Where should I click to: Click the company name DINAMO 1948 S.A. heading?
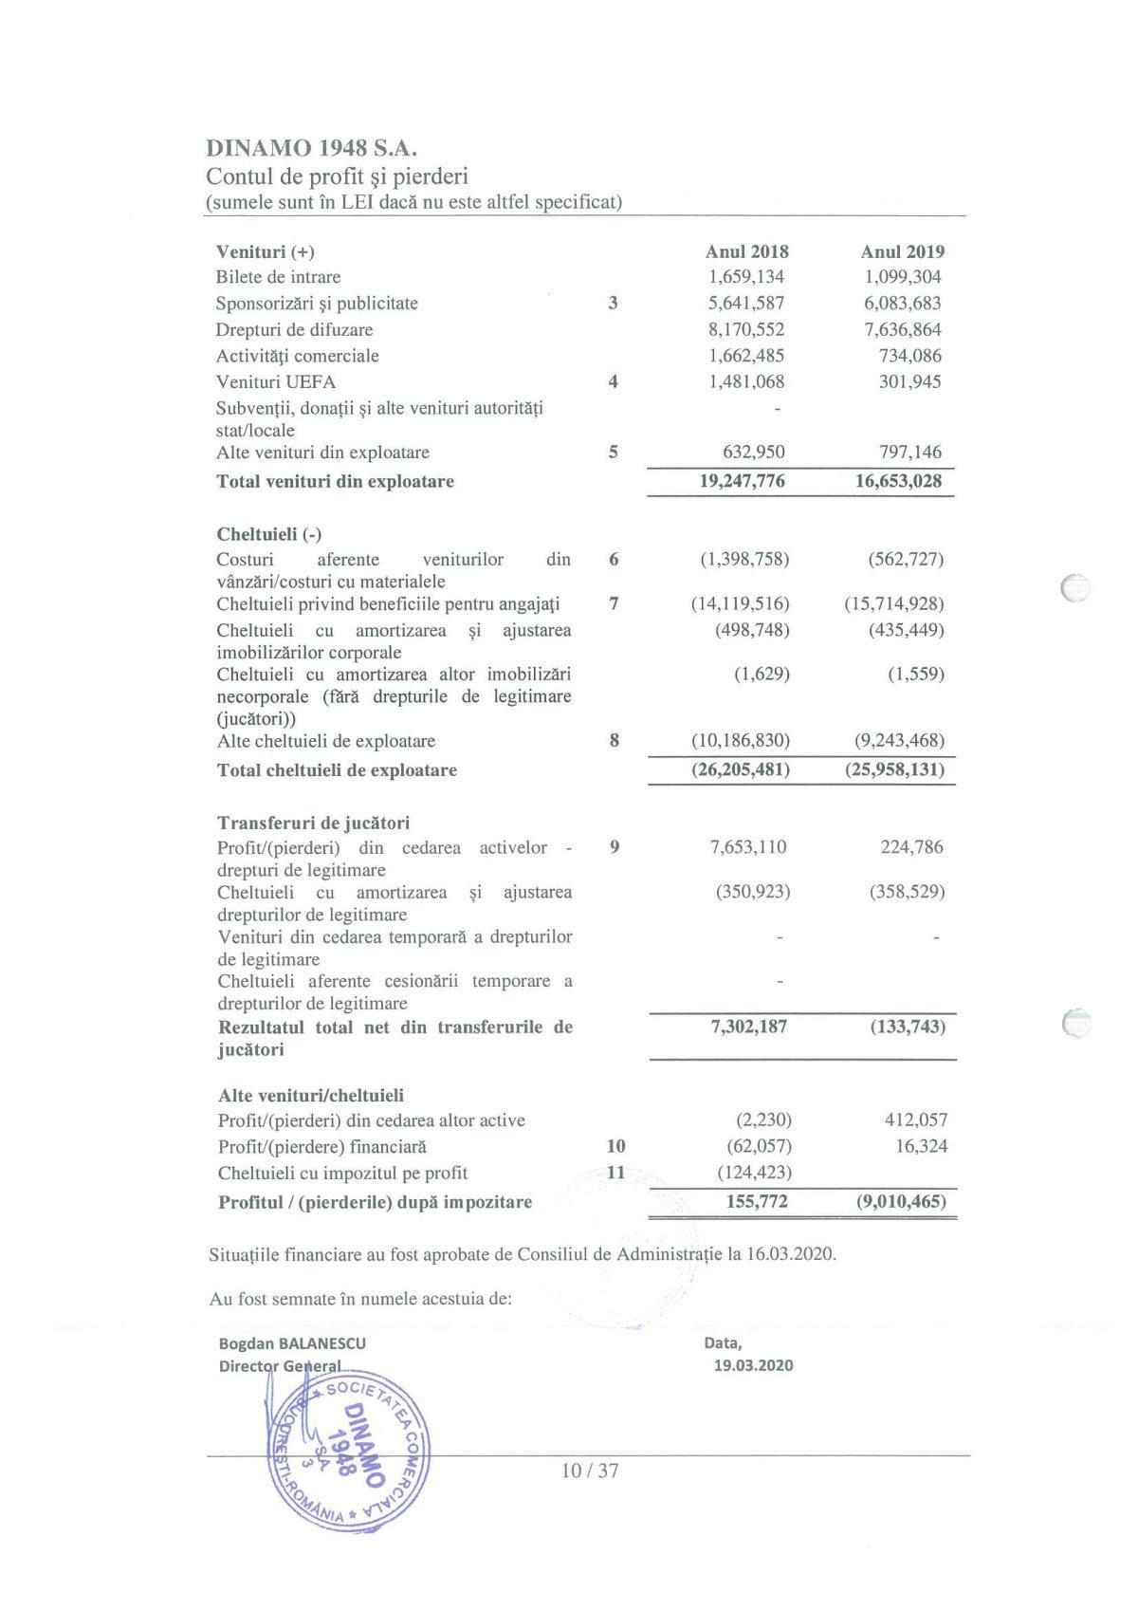[312, 148]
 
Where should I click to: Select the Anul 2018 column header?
[746, 251]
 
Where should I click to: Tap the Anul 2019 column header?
[902, 251]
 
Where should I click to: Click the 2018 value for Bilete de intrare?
[746, 277]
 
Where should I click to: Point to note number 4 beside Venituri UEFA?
[613, 381]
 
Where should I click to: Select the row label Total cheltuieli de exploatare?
[337, 769]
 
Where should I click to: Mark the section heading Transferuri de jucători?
[314, 823]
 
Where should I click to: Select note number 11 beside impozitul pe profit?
[615, 1172]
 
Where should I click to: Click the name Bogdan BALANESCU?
[292, 1343]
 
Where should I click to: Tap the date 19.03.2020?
[753, 1365]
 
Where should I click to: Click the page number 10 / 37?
[590, 1471]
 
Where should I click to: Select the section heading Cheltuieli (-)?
[268, 534]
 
